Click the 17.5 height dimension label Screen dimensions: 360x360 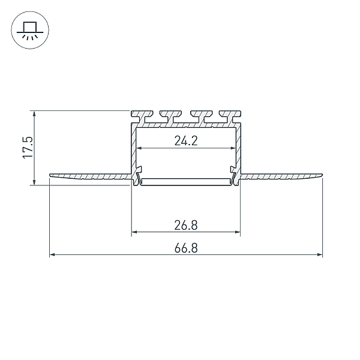28,148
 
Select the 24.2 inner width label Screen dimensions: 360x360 186,141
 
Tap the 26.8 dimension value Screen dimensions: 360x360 186,225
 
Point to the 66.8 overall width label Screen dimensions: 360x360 186,248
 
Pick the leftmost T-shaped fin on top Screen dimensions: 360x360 142,116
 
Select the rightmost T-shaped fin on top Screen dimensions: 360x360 230,116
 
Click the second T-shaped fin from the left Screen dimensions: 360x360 171,116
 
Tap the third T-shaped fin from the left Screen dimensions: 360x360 201,116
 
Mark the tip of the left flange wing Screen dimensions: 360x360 50,175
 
